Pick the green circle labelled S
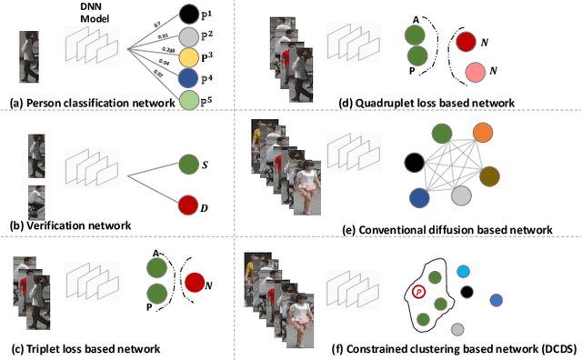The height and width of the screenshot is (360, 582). click(x=187, y=165)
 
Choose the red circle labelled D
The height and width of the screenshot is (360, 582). click(x=187, y=205)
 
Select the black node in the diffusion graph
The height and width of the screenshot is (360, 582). click(x=414, y=162)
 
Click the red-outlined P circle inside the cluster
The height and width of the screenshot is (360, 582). click(x=419, y=292)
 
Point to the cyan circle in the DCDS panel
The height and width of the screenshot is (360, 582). click(x=463, y=272)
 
